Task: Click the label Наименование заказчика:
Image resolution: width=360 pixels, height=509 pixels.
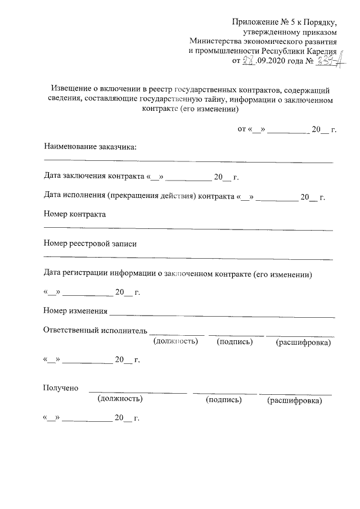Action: click(x=91, y=147)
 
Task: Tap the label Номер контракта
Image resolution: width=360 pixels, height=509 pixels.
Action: click(x=74, y=214)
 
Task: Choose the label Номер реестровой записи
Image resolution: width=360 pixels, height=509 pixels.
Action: click(x=89, y=244)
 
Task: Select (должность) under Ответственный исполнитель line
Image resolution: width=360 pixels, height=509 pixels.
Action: click(x=175, y=341)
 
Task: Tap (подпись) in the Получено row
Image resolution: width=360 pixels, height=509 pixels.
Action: click(x=224, y=400)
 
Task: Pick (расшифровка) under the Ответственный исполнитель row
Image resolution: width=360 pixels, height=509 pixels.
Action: click(x=303, y=342)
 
